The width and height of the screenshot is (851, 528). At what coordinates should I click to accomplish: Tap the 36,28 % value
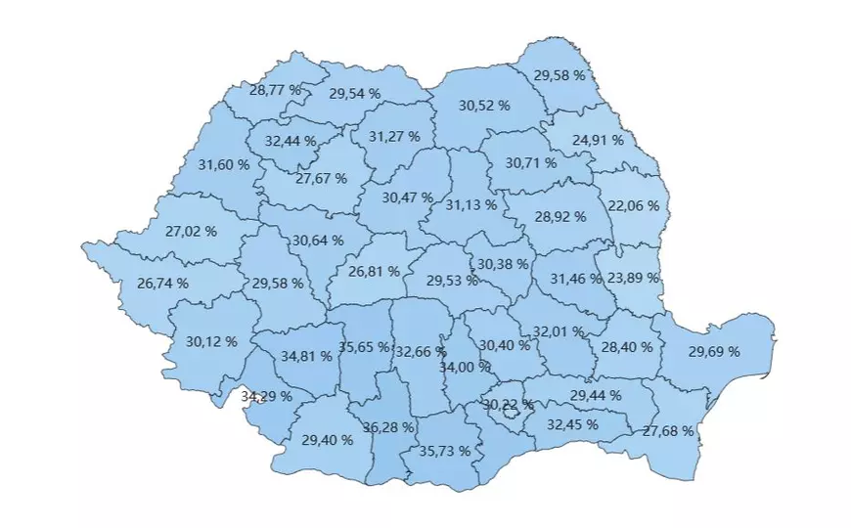(x=388, y=427)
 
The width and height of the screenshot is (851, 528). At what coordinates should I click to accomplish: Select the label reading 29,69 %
(x=714, y=352)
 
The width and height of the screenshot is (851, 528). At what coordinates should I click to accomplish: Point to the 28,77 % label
(x=276, y=89)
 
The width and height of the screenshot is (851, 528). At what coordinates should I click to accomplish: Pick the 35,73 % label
(x=444, y=451)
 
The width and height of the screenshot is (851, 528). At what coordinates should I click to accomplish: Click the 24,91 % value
(x=598, y=140)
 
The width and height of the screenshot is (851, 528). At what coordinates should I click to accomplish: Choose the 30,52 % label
(x=484, y=105)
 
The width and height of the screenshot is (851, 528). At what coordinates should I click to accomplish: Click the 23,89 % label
(x=634, y=278)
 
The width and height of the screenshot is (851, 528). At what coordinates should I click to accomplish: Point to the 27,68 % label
(x=668, y=430)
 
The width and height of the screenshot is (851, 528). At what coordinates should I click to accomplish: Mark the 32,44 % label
(x=291, y=141)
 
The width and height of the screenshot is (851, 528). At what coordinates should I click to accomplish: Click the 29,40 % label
(x=328, y=439)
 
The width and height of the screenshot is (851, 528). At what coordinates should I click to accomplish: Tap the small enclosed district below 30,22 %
(x=508, y=415)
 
